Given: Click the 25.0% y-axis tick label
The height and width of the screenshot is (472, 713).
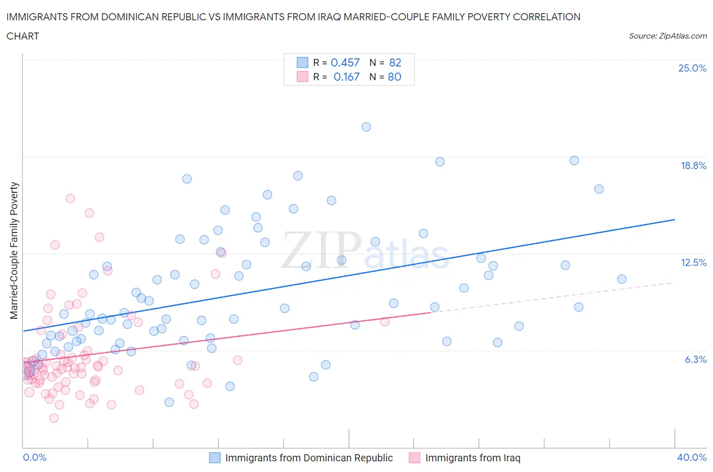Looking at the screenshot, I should coord(692,69).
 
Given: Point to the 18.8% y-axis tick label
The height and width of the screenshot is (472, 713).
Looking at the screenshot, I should coord(693,165).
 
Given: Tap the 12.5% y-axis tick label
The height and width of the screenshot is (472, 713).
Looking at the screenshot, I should coord(693,262).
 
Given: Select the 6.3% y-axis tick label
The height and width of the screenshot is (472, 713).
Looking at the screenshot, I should coord(695,359).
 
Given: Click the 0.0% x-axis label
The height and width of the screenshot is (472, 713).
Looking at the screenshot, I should coord(34,457).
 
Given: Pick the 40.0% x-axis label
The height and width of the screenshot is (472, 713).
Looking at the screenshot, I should coord(692,457).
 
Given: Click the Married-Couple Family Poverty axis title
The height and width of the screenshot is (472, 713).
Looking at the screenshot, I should coord(14,251).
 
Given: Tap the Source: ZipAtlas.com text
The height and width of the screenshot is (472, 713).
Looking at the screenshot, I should coord(667,36).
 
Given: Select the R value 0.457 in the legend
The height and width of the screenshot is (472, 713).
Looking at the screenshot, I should coord(345,62).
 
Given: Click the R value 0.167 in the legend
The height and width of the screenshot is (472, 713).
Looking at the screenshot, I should coord(346,77).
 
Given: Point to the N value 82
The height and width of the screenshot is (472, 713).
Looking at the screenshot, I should coord(395,62).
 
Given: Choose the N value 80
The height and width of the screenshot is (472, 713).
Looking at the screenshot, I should coord(395,77).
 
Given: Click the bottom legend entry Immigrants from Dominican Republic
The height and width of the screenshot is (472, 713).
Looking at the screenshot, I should coord(308,458).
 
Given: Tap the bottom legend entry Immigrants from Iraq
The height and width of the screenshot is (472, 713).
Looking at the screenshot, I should coord(472,458).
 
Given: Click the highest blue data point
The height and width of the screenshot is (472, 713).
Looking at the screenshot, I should coord(366,127).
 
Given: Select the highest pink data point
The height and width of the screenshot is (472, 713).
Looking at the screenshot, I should coord(70,198).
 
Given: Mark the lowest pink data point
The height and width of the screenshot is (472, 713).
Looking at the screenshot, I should coord(54,418).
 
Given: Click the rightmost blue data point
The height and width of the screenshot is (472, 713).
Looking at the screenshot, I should coord(622,279).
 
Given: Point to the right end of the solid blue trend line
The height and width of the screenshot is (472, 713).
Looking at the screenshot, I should coord(674,219).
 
